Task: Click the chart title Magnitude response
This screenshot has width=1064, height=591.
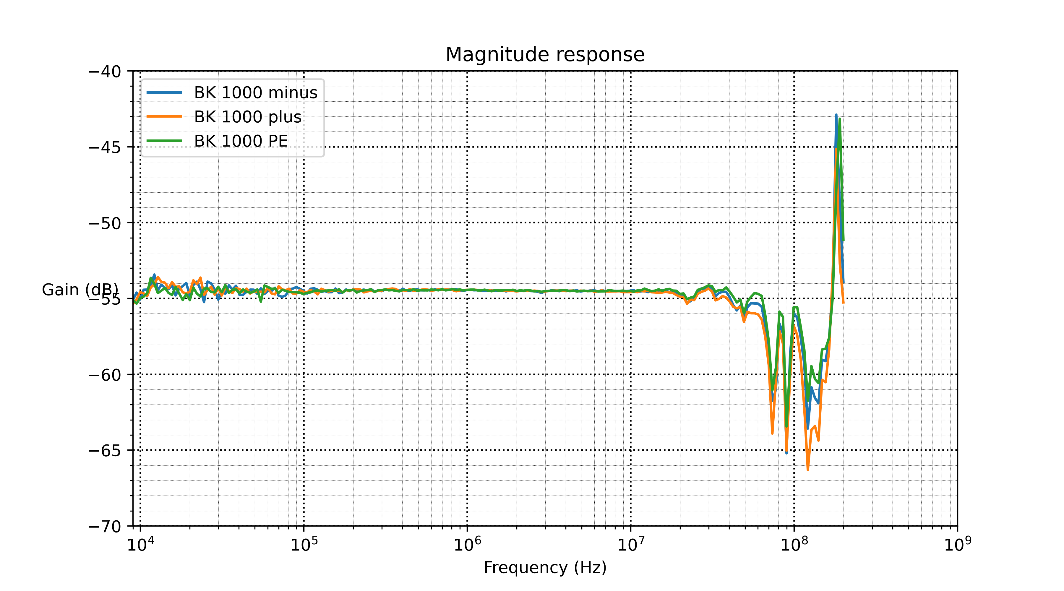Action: (x=545, y=54)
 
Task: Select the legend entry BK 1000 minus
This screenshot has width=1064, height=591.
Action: (x=255, y=92)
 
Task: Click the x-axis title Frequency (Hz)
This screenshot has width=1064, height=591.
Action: (x=545, y=567)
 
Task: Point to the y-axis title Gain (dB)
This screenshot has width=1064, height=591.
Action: (x=80, y=290)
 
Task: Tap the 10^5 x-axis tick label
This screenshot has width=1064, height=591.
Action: (x=304, y=544)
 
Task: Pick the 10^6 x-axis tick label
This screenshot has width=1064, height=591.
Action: (x=468, y=544)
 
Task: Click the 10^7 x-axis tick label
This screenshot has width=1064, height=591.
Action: (x=631, y=544)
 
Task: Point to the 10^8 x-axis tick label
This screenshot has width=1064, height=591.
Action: (x=794, y=544)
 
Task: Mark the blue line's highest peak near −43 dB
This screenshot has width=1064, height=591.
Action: (x=836, y=115)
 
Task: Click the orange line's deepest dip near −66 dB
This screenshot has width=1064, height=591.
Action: (x=807, y=470)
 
